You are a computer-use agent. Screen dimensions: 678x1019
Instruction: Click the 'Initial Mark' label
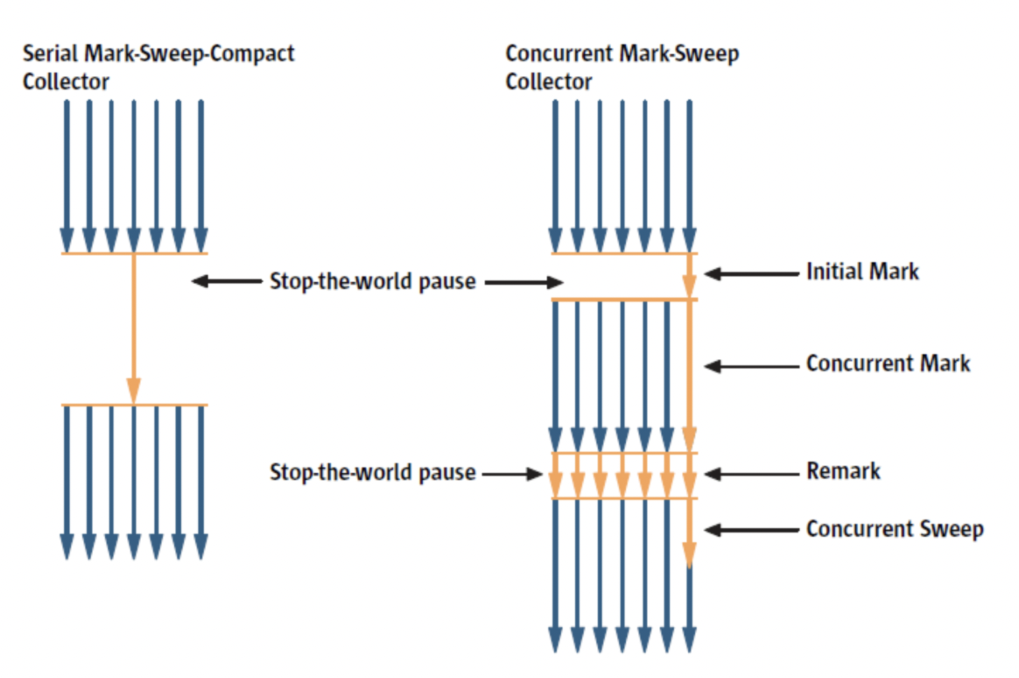click(x=862, y=272)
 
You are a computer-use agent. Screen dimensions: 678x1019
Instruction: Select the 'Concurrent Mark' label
click(x=888, y=364)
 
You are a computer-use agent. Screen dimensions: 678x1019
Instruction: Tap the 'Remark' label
click(x=843, y=471)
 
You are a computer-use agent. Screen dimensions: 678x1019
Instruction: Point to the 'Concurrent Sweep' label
click(x=894, y=529)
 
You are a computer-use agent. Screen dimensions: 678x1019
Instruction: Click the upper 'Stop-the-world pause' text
click(x=372, y=282)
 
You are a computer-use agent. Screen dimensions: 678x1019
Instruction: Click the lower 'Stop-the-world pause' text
click(x=372, y=473)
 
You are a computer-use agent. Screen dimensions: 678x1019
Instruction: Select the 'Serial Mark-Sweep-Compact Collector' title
click(x=158, y=67)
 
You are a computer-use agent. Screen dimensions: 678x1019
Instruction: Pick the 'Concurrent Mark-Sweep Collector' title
click(x=622, y=67)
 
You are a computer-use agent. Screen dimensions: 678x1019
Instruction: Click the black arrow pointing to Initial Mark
click(x=751, y=273)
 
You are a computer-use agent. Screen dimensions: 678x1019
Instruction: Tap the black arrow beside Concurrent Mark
click(x=751, y=365)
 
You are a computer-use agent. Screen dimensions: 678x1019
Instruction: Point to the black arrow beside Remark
click(x=751, y=474)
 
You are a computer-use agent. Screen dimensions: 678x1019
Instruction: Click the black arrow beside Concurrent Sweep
click(x=751, y=529)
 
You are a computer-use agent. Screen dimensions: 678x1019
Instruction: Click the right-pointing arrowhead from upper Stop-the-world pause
click(x=553, y=282)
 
